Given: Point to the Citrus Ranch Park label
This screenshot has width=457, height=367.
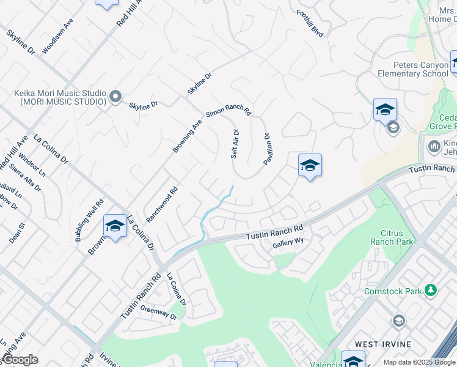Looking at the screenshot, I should (392, 237).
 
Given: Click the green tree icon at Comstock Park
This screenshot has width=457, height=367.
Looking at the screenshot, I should (431, 291).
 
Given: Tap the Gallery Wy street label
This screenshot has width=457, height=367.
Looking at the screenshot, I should (288, 242).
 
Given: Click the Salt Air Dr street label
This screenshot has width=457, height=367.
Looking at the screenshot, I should (235, 144).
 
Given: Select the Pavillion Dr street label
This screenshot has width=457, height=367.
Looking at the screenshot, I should (267, 149).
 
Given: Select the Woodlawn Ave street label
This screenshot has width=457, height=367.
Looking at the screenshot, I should (57, 39).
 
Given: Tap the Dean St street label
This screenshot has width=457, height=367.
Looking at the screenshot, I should (16, 233).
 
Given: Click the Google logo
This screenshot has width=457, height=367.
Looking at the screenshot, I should (20, 360).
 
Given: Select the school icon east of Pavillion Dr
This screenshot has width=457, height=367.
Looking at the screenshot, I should (310, 166).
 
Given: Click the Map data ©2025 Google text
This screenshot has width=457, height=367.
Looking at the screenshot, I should (419, 362).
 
